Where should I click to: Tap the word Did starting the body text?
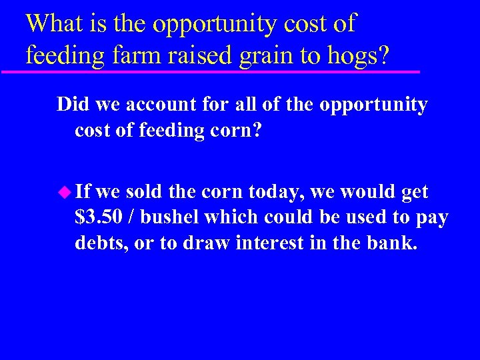(72, 105)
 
